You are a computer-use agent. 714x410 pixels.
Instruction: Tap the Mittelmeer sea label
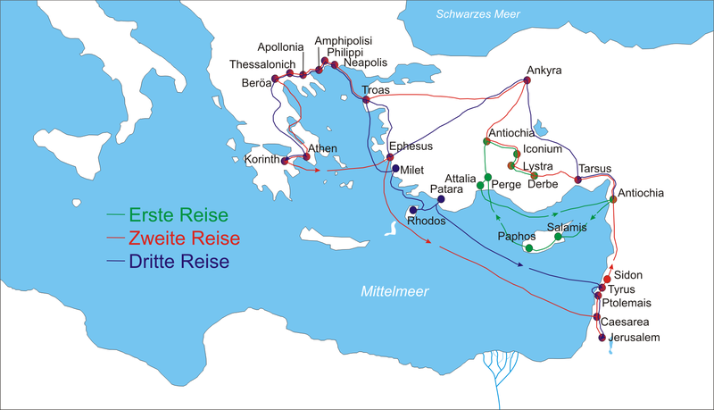394,291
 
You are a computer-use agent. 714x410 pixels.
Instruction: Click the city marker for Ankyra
528,81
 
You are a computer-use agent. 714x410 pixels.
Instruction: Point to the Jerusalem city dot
602,338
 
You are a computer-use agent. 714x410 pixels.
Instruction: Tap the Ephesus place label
411,146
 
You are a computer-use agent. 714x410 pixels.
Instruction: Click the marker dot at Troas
366,100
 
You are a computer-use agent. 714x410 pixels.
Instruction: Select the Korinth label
263,161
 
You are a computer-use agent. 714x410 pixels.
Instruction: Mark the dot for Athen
306,158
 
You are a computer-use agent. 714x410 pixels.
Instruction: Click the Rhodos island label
426,220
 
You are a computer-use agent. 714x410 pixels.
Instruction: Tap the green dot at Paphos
529,247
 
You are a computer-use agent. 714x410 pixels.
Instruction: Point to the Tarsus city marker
578,180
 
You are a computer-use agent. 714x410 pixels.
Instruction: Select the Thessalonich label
265,64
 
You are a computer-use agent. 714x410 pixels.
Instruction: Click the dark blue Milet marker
395,169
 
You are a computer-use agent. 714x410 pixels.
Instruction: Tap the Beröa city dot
275,79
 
